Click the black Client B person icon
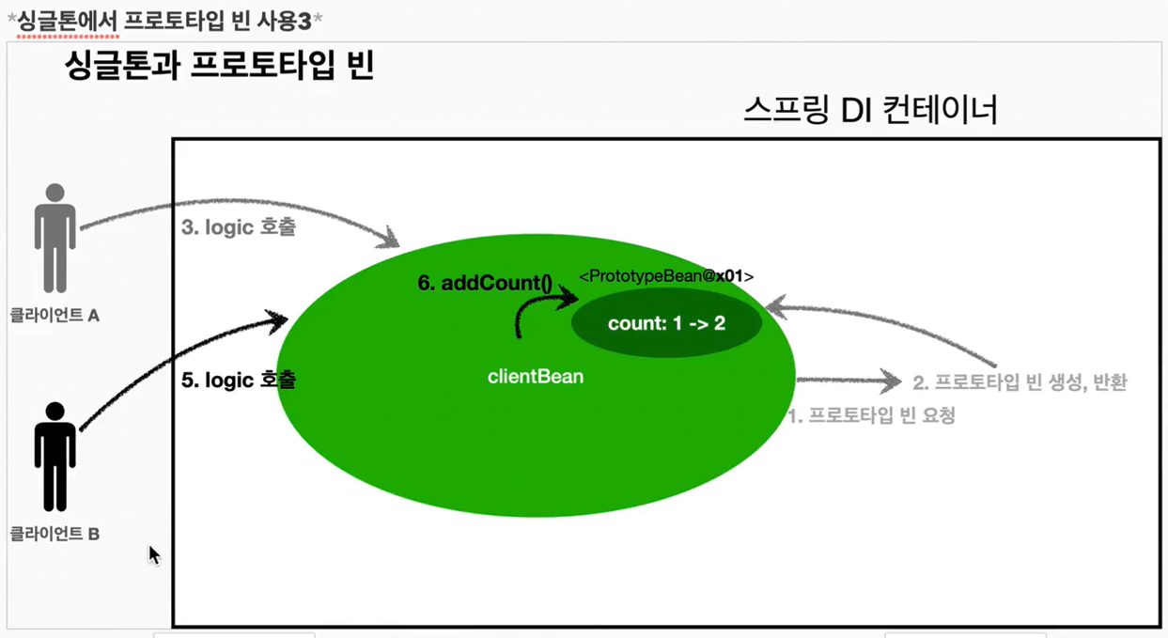55,457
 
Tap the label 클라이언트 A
55,316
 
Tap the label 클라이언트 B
55,534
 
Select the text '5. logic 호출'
238,381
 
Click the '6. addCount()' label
485,283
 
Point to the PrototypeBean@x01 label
666,276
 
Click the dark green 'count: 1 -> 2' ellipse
666,323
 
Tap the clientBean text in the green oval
536,377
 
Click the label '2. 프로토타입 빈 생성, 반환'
1020,381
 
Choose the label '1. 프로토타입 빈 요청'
871,415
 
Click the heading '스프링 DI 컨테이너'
869,111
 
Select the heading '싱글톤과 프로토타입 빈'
219,66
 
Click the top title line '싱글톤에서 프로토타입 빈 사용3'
164,20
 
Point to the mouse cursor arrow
154,555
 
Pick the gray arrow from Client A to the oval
235,204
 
